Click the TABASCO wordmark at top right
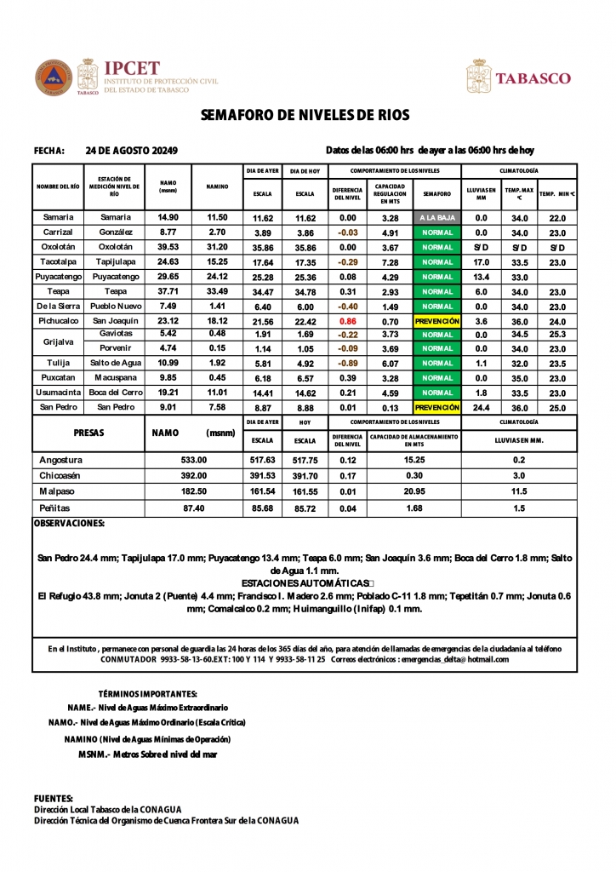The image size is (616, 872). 533,78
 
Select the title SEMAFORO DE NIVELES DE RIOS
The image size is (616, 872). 305,115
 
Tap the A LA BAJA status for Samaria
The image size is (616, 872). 437,218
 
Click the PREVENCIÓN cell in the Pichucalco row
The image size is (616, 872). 437,321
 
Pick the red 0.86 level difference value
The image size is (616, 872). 347,321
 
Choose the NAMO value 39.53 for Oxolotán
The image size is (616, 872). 168,247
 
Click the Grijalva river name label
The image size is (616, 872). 58,341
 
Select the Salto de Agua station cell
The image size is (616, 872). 114,364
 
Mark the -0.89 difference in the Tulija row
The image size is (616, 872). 347,364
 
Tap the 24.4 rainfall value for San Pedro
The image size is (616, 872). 481,408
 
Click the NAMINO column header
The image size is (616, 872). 217,187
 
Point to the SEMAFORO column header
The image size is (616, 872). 437,194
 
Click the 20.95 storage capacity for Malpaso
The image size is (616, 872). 414,492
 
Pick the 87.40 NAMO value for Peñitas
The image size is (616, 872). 194,508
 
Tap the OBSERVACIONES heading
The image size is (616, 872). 69,523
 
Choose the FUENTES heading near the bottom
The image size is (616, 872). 53,798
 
